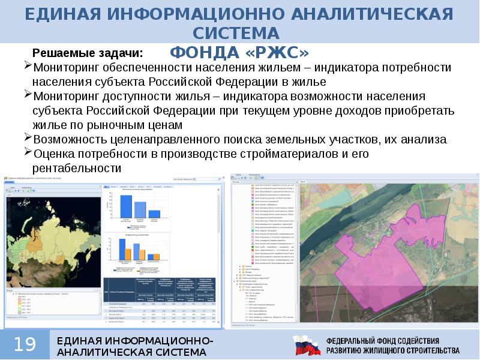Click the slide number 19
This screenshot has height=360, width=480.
25,344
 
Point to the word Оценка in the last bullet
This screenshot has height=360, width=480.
54,154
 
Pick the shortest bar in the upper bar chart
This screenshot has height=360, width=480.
155,214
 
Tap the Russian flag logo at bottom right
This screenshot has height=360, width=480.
306,345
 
